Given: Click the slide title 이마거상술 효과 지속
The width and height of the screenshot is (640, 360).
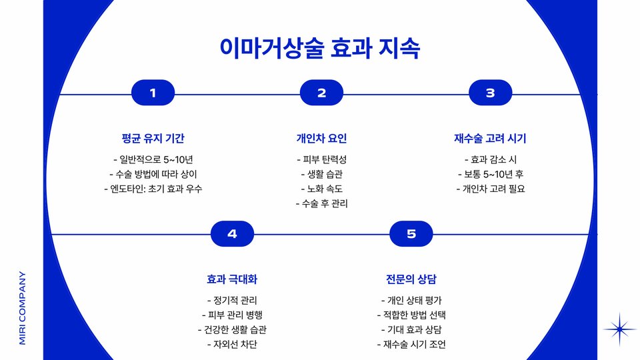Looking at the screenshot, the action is tap(320, 48).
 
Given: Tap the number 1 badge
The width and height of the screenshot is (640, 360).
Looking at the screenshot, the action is tap(153, 93).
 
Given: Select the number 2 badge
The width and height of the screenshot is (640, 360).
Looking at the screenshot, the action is tap(321, 93).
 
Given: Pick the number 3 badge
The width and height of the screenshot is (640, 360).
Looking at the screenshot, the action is tap(490, 93).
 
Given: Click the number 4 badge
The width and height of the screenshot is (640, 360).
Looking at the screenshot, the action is tap(232, 233).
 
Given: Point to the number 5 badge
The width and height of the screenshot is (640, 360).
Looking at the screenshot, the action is tap(411, 233).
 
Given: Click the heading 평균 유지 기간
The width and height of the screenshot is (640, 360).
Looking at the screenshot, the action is tap(153, 139).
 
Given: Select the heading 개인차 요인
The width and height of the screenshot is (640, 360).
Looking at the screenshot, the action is tap(321, 139).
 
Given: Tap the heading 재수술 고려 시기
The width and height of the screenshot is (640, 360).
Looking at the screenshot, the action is tap(490, 139).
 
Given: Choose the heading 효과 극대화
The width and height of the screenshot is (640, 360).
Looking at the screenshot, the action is tap(232, 279).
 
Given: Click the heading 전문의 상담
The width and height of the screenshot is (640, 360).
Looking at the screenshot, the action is tap(411, 279).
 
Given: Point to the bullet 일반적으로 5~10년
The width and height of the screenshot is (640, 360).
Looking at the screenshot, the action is tap(153, 159).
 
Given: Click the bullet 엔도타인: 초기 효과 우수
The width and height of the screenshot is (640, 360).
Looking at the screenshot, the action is tap(153, 189).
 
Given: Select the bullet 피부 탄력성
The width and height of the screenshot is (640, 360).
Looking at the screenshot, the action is tap(321, 159).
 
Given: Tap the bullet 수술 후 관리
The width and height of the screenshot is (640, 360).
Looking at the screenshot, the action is tap(321, 203).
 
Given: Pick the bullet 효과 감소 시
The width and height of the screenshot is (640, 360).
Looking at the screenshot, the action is tap(490, 159).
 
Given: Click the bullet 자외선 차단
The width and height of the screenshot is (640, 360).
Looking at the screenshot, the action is tap(232, 344).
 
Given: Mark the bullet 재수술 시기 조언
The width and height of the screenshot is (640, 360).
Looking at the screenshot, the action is tap(411, 344).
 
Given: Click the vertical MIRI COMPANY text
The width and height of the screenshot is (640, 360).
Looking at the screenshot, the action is tap(22, 307).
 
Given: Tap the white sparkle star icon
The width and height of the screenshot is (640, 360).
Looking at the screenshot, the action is tap(620, 329).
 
